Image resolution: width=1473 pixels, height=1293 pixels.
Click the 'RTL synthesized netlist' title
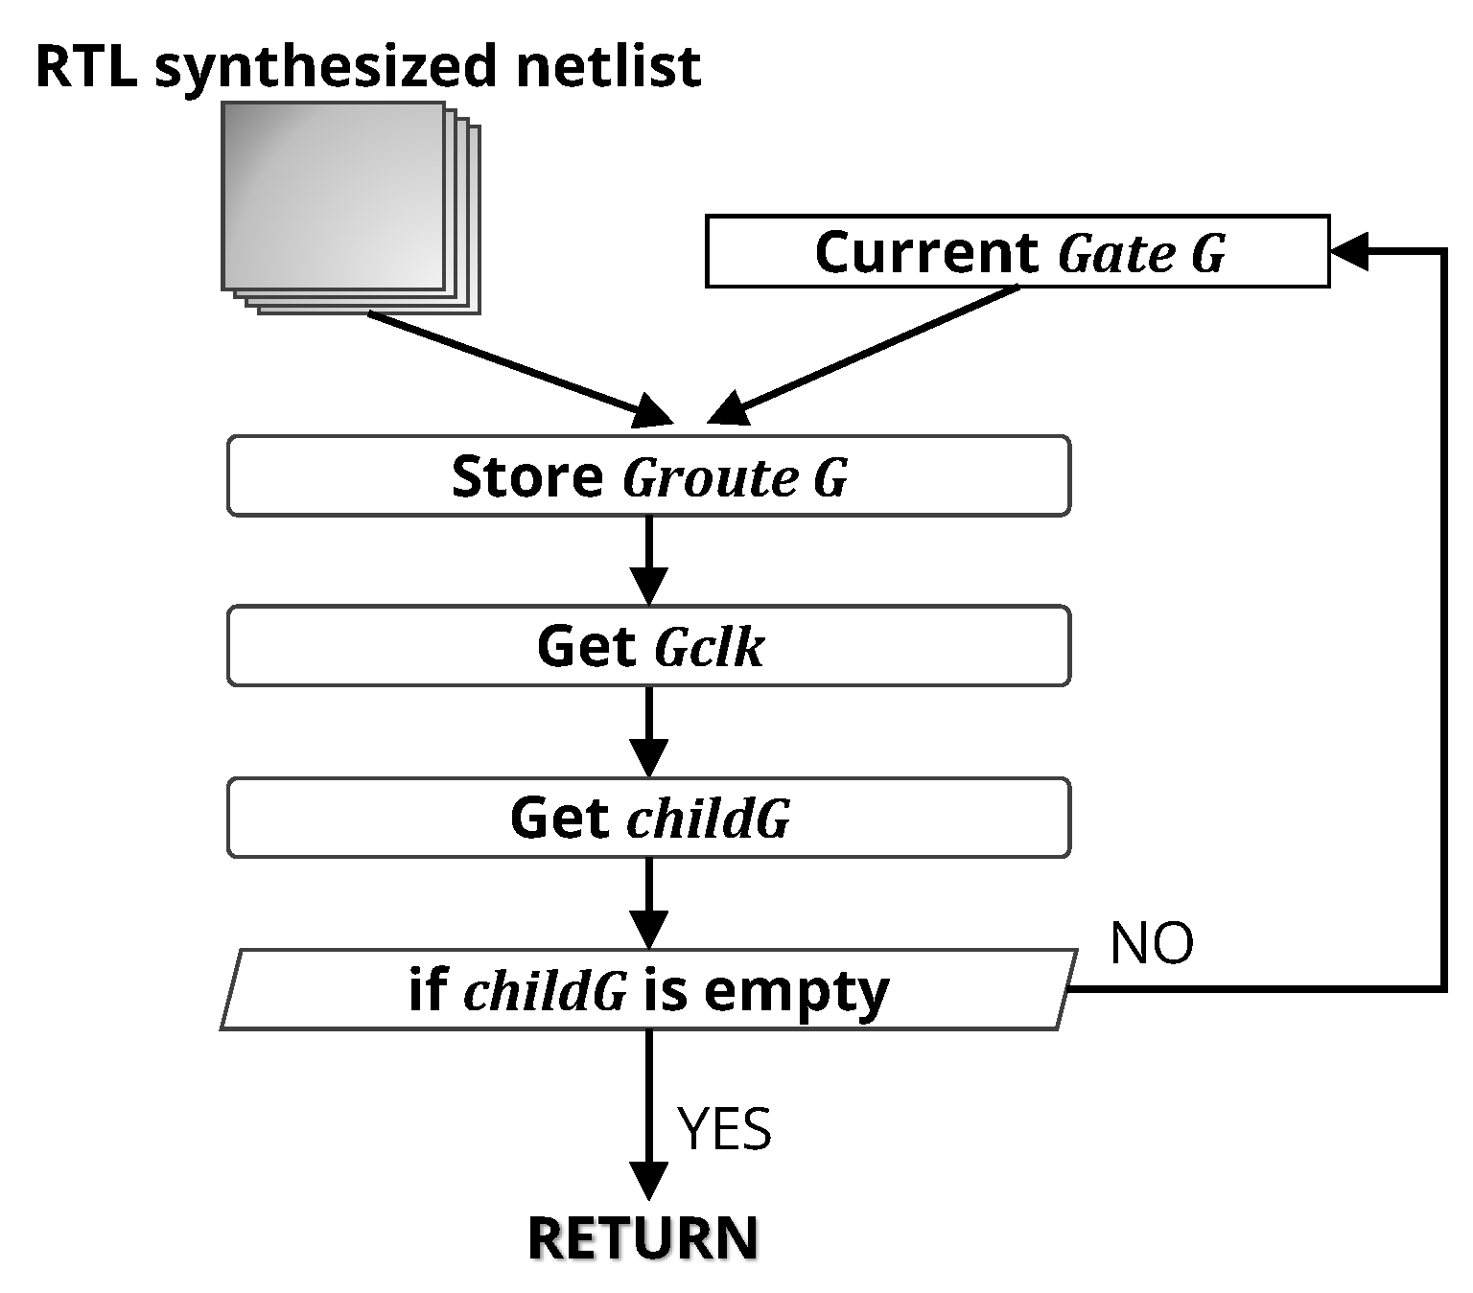[367, 67]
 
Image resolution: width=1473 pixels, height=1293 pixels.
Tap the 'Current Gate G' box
[1017, 251]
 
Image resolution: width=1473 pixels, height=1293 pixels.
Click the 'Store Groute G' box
[648, 476]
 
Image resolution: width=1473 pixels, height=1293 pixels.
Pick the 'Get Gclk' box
[648, 646]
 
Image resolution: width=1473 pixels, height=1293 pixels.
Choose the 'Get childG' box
[648, 818]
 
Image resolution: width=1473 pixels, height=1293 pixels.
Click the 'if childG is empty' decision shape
[648, 990]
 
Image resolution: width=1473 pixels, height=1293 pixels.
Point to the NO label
[1151, 943]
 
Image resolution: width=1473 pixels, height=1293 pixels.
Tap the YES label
[724, 1128]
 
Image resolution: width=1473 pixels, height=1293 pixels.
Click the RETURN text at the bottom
[643, 1237]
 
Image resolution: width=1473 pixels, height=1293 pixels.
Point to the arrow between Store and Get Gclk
[649, 560]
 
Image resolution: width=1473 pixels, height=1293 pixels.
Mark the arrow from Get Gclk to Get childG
[649, 731]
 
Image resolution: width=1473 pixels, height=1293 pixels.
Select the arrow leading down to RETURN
[649, 1112]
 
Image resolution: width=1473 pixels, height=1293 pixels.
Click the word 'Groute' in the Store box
[710, 477]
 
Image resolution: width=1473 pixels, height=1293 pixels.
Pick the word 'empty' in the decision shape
[796, 992]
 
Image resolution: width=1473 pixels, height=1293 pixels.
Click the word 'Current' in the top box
[926, 252]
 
